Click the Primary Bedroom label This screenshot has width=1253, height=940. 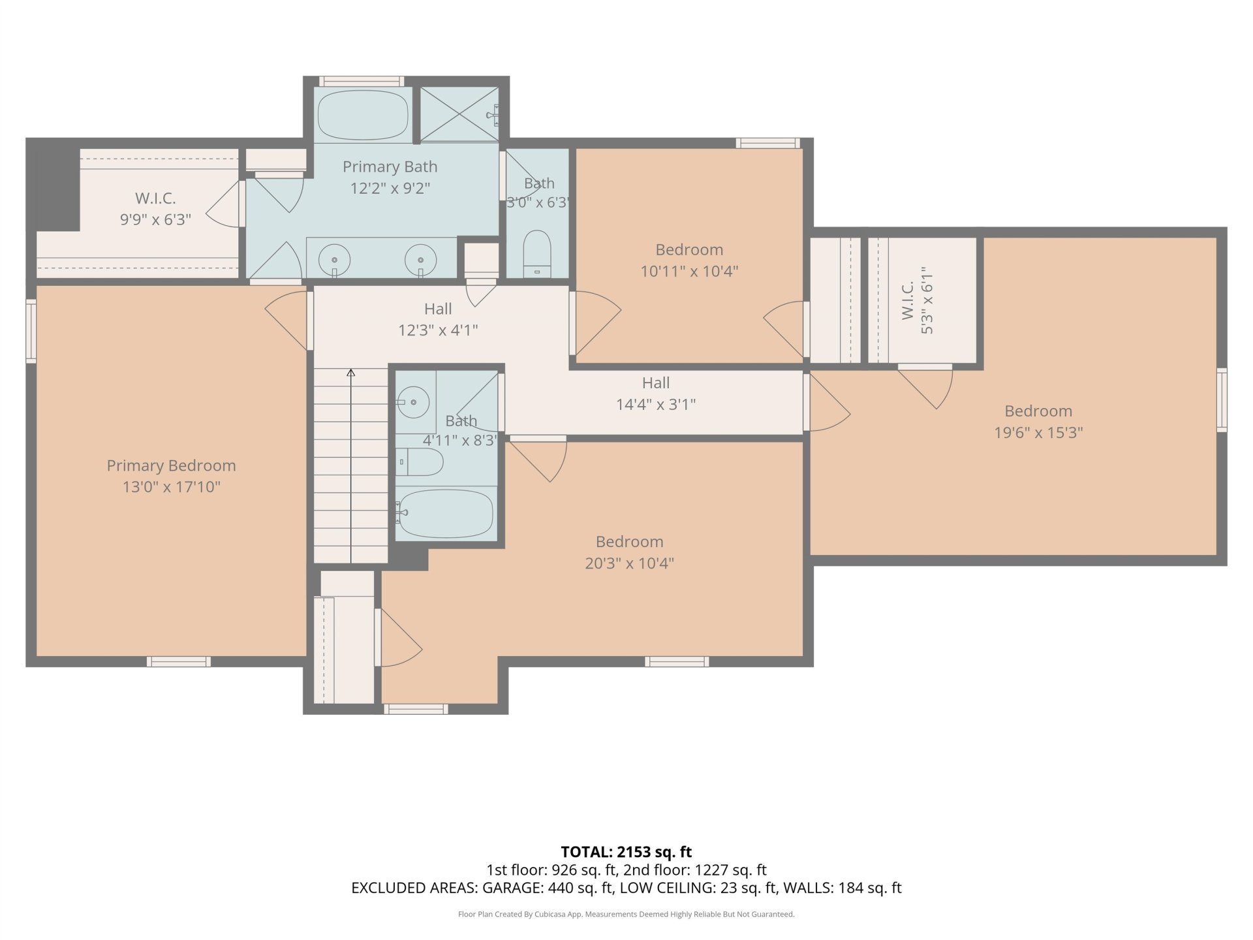[x=171, y=465]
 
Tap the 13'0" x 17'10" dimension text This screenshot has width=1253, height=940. [x=171, y=487]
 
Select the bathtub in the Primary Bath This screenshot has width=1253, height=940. [x=363, y=115]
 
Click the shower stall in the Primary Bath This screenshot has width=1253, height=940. [x=459, y=114]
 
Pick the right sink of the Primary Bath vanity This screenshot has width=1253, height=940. [x=420, y=259]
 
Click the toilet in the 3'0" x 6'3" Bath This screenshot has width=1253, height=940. [x=537, y=253]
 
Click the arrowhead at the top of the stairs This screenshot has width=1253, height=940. [x=351, y=373]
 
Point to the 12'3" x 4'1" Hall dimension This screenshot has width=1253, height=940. [x=438, y=330]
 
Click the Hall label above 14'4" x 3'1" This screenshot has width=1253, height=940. [x=656, y=383]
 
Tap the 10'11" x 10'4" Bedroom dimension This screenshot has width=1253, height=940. [x=689, y=271]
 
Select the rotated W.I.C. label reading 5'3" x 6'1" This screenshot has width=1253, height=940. [x=918, y=300]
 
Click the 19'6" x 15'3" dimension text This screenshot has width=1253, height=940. [x=1038, y=433]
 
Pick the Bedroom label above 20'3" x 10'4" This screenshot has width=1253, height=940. [x=629, y=542]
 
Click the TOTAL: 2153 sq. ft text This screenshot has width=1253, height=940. [x=626, y=852]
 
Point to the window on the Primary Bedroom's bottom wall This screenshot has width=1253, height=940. [x=178, y=661]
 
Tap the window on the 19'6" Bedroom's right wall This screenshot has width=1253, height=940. [x=1222, y=399]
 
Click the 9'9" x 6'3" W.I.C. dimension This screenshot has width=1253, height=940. [x=155, y=219]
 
